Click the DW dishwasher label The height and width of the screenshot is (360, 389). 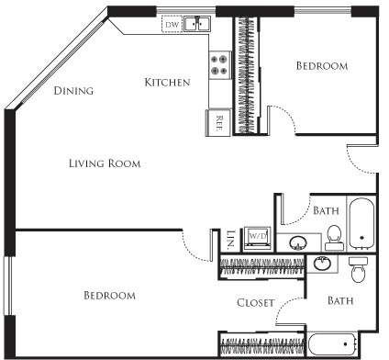click(172, 26)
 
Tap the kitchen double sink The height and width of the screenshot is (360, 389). click(198, 26)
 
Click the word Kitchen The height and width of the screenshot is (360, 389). click(167, 83)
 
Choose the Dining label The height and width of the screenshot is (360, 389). click(74, 91)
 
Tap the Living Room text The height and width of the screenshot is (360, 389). click(105, 163)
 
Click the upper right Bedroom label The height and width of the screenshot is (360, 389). click(321, 66)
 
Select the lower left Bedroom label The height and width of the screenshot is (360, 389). click(109, 296)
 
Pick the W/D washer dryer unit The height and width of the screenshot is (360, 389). click(254, 235)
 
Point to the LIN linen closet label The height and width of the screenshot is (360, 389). click(229, 240)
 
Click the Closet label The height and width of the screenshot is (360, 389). click(256, 302)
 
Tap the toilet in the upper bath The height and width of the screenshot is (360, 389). click(335, 237)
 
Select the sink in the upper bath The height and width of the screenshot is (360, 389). click(299, 243)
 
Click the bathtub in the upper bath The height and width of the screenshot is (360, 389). click(362, 224)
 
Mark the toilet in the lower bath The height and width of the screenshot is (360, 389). click(359, 270)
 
